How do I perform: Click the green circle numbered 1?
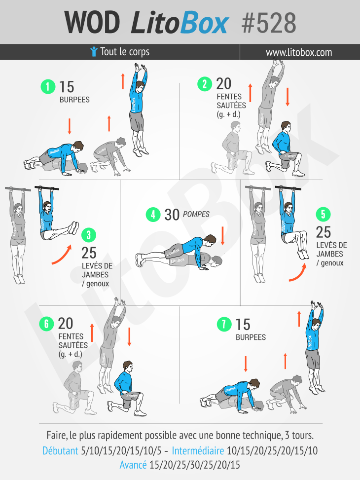(x=48, y=87)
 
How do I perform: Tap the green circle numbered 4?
(x=153, y=214)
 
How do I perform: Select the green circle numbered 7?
(x=224, y=324)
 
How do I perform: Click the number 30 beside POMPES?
(x=172, y=215)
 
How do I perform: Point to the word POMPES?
(x=196, y=214)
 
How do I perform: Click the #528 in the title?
(x=269, y=23)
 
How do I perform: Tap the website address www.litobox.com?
(x=299, y=52)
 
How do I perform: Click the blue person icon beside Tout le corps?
(x=94, y=51)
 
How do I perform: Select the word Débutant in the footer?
(x=60, y=450)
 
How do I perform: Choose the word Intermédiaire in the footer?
(x=198, y=450)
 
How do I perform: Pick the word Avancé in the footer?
(x=133, y=465)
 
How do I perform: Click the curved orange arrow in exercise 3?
(x=62, y=255)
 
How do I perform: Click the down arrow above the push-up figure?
(x=222, y=236)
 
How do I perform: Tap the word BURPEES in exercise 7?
(x=251, y=337)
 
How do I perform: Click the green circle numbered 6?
(x=46, y=324)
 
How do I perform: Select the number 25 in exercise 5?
(x=324, y=232)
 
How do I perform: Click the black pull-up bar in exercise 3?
(x=47, y=188)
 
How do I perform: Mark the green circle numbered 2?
(x=205, y=84)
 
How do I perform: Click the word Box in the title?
(x=204, y=23)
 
